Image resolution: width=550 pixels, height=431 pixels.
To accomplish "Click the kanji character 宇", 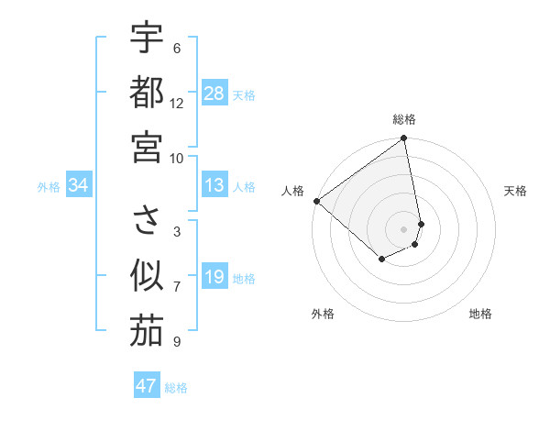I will point(147,39).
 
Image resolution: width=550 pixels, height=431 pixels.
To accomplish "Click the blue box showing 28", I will point(214,94).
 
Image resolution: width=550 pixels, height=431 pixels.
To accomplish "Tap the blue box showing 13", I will point(214,185).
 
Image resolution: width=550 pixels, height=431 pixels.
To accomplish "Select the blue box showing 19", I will point(214,278).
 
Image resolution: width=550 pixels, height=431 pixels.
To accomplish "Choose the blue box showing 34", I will point(79,186).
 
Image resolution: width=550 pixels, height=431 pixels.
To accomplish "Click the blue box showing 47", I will point(147,386).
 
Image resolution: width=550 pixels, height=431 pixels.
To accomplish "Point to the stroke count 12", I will point(177,103).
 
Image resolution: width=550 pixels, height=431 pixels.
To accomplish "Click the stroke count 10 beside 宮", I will point(177,157).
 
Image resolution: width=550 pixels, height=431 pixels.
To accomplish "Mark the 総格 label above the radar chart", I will point(404,119).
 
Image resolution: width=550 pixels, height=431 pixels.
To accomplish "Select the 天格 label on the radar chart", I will point(516,191).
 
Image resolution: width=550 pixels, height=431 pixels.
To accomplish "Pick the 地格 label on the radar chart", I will point(480,314).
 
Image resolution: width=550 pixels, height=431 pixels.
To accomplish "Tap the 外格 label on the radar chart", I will point(323,314).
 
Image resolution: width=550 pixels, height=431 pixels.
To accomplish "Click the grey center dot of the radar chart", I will point(404,228).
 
